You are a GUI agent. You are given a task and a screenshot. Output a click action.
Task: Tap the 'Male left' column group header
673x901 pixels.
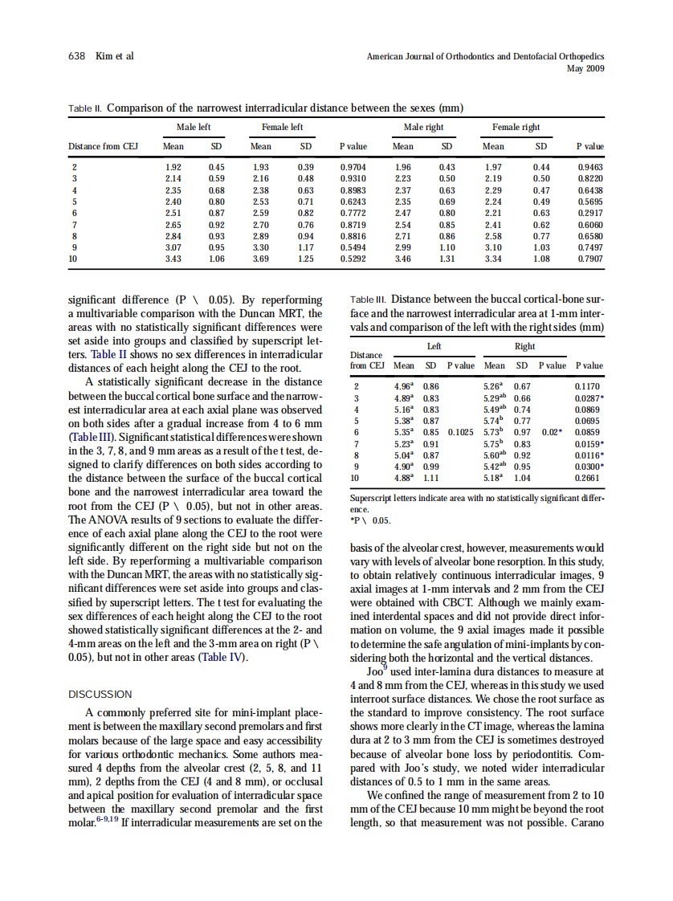point(194,127)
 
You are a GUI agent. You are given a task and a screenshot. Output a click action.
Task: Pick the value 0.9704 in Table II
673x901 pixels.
point(353,166)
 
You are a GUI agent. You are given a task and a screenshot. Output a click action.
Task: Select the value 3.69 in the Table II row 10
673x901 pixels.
point(260,260)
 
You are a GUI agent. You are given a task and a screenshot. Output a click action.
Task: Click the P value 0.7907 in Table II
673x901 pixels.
point(590,260)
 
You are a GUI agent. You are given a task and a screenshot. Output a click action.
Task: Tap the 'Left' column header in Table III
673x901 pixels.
point(434,347)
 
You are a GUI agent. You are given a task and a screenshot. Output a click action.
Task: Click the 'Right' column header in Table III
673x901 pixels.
point(524,347)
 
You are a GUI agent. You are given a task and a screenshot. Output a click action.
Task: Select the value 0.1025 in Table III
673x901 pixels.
point(460,432)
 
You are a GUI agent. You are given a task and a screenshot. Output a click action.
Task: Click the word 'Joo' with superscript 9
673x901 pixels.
point(374,671)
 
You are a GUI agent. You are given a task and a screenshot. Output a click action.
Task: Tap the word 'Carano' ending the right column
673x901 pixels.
point(586,822)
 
